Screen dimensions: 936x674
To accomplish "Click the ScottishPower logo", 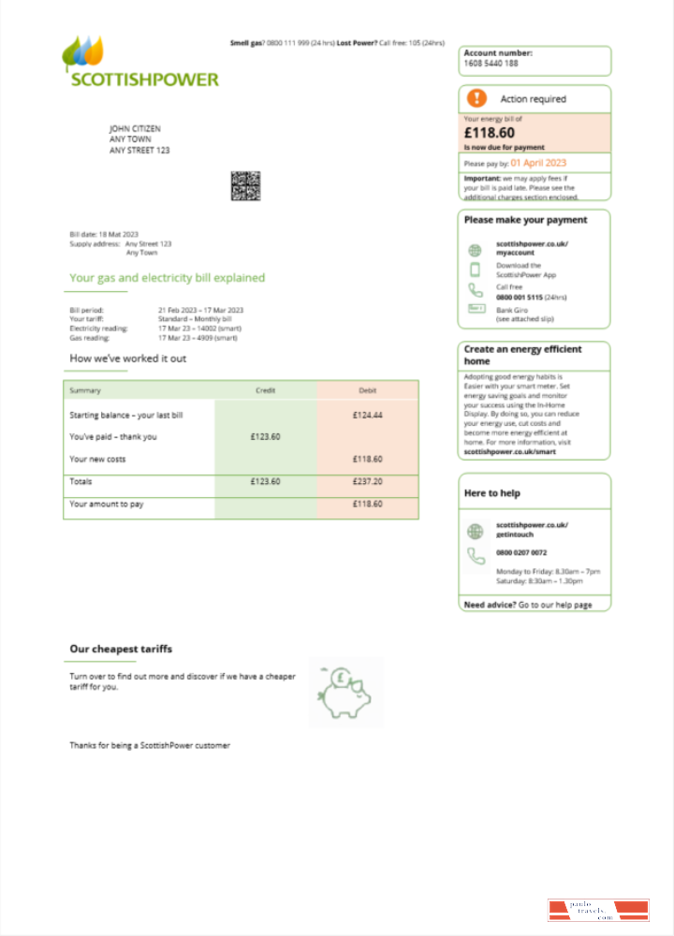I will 139,63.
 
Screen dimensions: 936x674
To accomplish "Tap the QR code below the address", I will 245,186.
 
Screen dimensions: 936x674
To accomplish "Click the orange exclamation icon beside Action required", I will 477,98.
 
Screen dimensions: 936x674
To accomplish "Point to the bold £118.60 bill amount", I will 490,133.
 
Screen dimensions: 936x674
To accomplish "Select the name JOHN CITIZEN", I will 136,128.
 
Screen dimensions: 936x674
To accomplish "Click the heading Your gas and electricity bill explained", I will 167,278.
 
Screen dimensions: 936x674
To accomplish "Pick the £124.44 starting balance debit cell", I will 367,415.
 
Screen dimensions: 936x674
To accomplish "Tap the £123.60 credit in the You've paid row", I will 265,436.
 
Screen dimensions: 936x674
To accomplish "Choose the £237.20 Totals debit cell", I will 367,481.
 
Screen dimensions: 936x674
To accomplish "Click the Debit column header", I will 367,390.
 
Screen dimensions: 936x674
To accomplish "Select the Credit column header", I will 265,390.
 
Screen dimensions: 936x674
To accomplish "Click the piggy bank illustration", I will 344,693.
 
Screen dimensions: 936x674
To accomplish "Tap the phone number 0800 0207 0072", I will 521,553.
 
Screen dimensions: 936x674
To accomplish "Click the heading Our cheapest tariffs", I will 121,649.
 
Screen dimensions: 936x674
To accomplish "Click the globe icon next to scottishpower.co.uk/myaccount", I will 475,249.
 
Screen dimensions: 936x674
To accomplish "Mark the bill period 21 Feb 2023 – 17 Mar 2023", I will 200,310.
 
